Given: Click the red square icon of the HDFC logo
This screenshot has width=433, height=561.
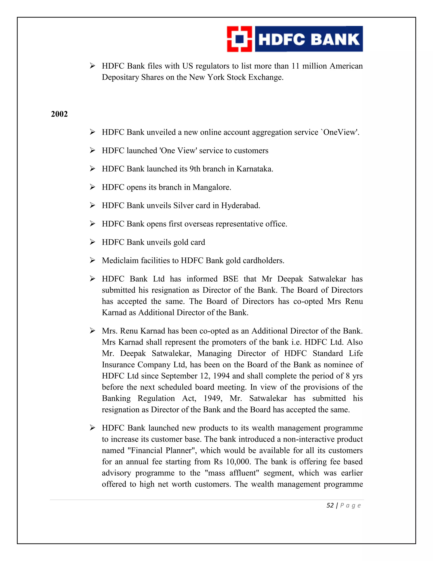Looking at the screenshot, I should tap(239, 39).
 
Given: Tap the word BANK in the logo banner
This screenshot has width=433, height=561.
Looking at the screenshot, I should tap(336, 40).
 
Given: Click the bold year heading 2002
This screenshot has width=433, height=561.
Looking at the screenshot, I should tap(59, 114).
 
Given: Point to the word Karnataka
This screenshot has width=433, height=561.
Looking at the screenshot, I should tap(255, 169).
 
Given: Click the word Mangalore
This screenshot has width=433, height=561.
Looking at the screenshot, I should tap(212, 187).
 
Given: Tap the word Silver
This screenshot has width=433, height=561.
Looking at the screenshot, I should tap(183, 206).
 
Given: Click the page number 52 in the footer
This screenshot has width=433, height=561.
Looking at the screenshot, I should tap(330, 506).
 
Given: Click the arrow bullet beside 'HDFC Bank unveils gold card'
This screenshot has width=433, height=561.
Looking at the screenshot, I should tap(92, 242).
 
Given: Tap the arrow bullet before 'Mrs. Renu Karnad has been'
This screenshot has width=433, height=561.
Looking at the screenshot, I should tap(92, 331).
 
